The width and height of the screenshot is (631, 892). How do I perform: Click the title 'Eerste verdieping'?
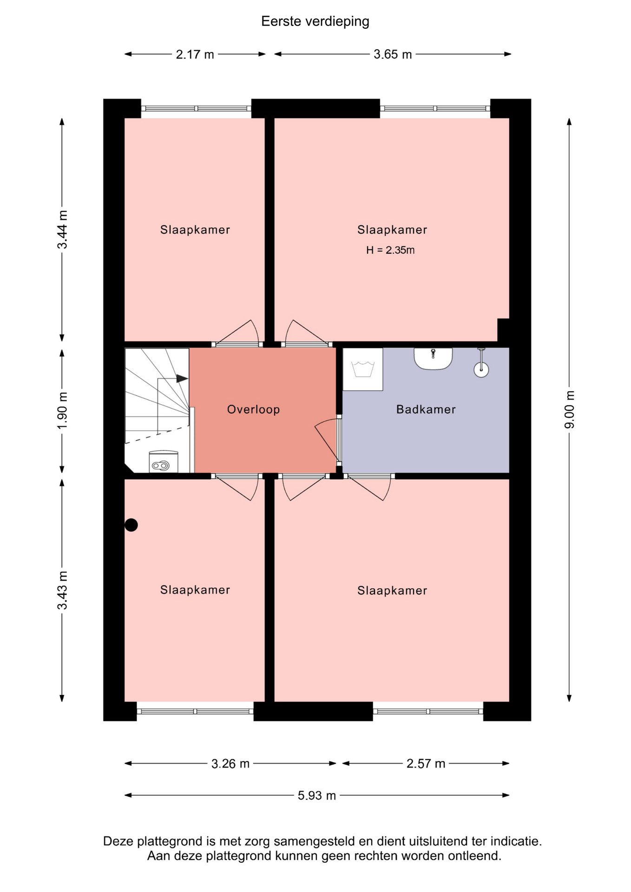[315, 21]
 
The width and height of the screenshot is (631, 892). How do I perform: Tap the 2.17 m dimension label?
[195, 54]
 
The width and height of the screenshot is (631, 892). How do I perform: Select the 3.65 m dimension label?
[393, 54]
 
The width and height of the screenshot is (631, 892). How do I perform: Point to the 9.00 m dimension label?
[569, 410]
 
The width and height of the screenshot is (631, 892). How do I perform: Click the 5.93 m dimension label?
[317, 795]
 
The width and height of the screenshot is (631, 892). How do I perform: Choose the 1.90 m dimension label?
[62, 411]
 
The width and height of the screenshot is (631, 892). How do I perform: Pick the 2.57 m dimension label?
[426, 764]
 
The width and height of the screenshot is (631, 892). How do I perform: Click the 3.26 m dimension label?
[230, 764]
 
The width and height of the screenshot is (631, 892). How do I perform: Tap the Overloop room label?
[253, 409]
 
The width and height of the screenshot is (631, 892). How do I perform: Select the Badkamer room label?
[426, 409]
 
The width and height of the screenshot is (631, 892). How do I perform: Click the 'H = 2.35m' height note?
[390, 250]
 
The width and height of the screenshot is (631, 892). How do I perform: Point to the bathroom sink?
[433, 359]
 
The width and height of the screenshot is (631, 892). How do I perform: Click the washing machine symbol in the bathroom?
[363, 369]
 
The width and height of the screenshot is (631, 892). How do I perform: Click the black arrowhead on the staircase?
[182, 379]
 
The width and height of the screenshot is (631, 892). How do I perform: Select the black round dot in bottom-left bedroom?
[131, 525]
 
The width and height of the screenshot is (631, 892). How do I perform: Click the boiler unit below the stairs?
[163, 462]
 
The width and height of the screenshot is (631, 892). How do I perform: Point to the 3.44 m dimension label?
[62, 230]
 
